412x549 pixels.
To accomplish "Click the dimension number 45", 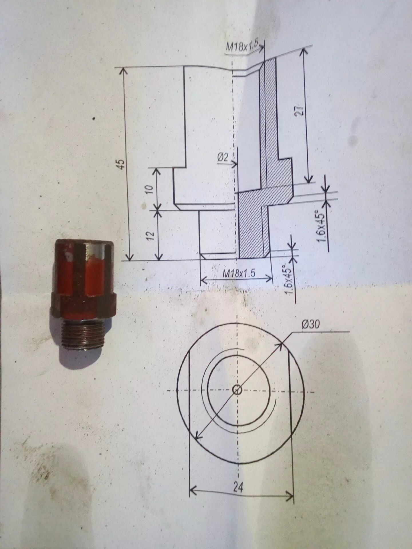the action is tap(122, 164).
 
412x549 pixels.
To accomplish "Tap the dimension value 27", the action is tap(300, 111).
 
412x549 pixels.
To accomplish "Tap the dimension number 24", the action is tap(238, 487).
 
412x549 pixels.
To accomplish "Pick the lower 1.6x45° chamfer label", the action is tap(290, 279).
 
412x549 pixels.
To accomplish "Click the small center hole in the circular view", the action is tap(237, 390).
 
